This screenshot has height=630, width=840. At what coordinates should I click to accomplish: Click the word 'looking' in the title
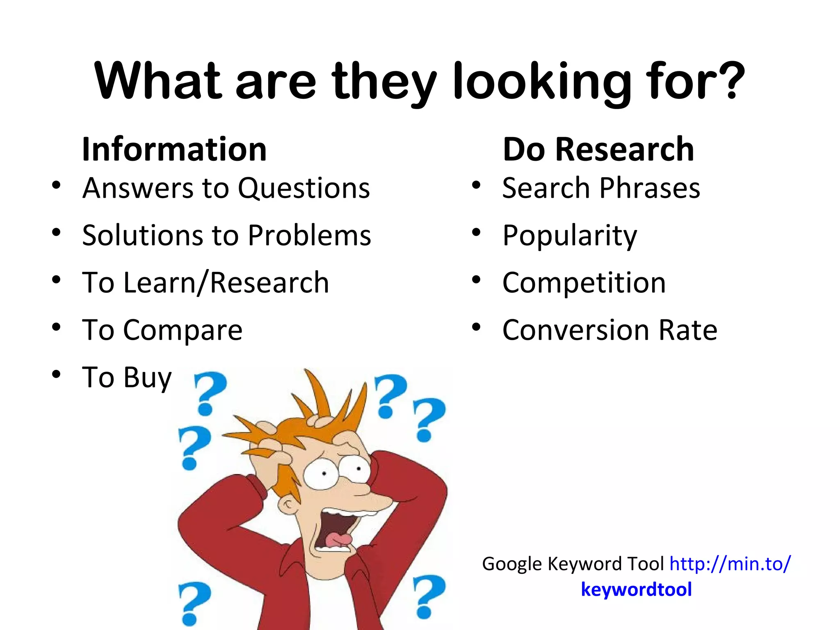[x=541, y=82]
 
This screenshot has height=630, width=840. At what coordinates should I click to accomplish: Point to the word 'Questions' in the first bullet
[x=304, y=188]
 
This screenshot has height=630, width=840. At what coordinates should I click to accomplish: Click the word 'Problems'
[x=310, y=235]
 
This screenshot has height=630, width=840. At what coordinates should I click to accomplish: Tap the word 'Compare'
[x=183, y=330]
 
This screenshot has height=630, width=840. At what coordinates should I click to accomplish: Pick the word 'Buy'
[x=148, y=377]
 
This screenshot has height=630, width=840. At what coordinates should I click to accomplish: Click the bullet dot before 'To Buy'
[x=56, y=374]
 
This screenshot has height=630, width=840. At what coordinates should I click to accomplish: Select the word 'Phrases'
[x=650, y=188]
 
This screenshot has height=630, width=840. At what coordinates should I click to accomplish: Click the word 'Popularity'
[x=570, y=235]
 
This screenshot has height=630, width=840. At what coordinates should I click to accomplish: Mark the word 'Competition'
[x=584, y=283]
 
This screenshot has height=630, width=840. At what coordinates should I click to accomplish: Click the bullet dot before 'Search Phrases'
[x=476, y=185]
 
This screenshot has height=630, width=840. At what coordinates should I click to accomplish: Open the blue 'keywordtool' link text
[x=636, y=589]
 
